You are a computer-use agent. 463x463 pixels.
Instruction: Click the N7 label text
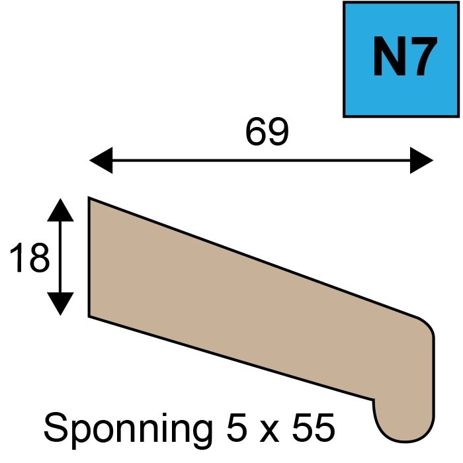(405, 56)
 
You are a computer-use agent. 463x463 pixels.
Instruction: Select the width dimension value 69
(267, 132)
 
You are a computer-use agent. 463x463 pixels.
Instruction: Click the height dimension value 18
(29, 257)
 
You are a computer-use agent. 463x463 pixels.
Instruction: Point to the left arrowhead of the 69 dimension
(101, 160)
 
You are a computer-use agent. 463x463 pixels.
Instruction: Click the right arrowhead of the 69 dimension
(422, 160)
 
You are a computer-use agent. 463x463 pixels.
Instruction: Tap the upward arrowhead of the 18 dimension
(60, 210)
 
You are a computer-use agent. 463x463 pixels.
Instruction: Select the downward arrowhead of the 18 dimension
(60, 304)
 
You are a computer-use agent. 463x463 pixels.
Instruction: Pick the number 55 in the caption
(314, 427)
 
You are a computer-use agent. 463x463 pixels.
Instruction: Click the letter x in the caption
(269, 431)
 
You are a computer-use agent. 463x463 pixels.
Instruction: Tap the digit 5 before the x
(237, 427)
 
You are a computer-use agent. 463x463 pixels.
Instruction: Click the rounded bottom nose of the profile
(405, 437)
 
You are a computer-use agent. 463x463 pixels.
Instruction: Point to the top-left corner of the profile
(89, 197)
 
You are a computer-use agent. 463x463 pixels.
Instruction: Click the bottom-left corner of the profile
(89, 317)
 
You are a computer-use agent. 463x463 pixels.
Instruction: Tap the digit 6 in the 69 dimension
(256, 132)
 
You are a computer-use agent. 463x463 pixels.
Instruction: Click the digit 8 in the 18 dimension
(40, 257)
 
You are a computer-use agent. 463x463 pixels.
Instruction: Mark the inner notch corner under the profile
(374, 400)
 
